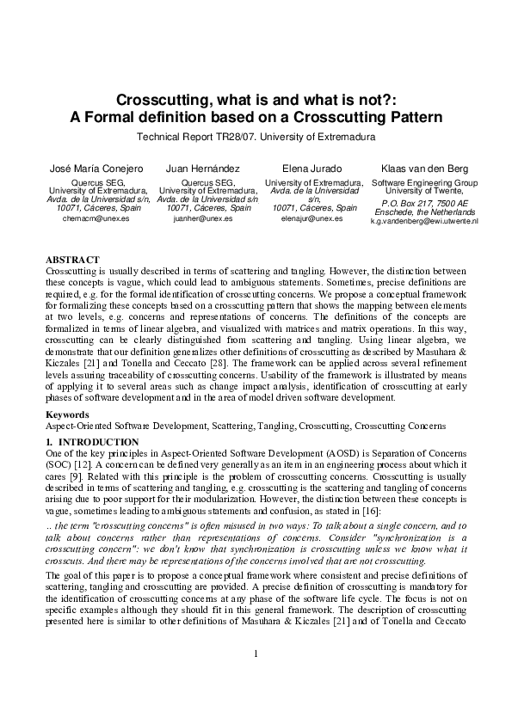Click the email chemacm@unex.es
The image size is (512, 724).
[x=96, y=219]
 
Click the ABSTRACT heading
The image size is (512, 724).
[x=72, y=259]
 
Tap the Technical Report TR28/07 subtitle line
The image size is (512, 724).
[x=256, y=137]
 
